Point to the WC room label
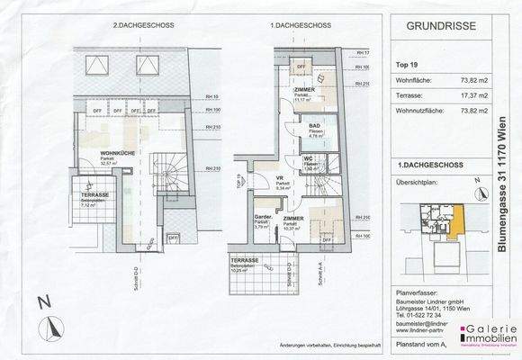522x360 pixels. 308,158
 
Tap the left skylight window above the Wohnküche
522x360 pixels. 94,65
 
